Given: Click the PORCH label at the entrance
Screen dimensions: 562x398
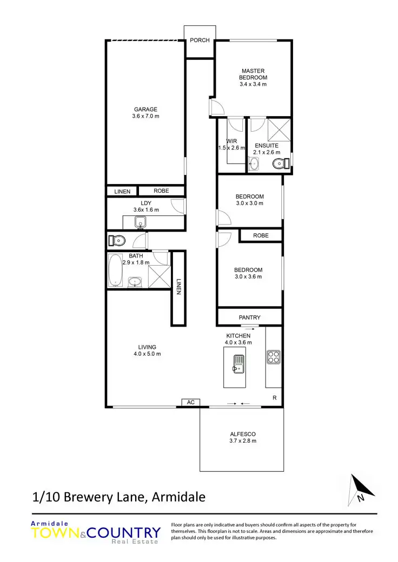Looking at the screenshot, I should click(x=200, y=40).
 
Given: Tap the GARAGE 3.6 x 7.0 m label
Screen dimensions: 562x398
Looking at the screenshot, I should click(x=146, y=113).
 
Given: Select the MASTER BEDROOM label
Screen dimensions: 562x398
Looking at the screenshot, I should click(x=253, y=77).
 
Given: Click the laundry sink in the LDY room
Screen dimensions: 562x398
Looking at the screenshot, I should click(x=140, y=222).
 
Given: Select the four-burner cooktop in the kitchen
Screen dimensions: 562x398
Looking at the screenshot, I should click(x=273, y=356).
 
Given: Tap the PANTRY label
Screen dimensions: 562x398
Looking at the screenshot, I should click(x=249, y=317).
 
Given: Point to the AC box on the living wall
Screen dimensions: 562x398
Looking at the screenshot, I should click(x=190, y=403).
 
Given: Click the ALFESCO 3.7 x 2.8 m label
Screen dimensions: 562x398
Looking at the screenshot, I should click(x=242, y=437).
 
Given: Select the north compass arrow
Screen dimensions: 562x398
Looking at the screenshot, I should click(x=362, y=486).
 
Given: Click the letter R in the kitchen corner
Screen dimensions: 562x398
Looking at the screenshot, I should click(x=275, y=398).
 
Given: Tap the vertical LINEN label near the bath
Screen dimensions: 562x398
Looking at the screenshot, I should click(x=178, y=286).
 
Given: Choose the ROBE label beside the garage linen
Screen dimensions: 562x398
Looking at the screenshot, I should click(x=161, y=191).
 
